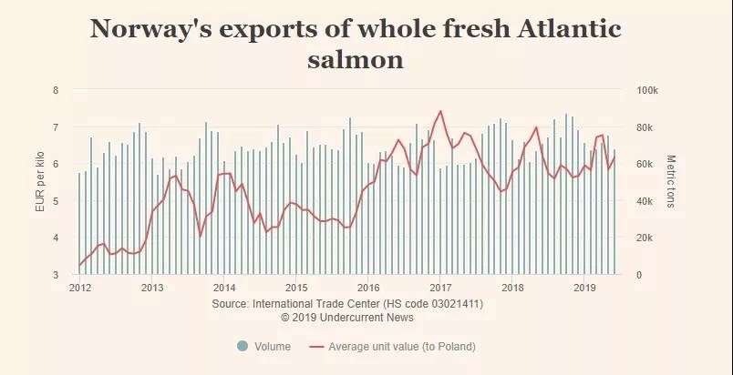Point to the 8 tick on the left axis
(56, 90)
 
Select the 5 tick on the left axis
(56, 201)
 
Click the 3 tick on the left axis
(56, 275)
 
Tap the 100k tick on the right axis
(646, 90)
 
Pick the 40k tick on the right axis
(644, 201)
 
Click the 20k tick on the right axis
(644, 238)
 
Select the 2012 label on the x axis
(79, 288)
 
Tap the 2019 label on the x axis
(583, 288)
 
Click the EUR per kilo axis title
(39, 183)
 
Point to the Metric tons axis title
(671, 181)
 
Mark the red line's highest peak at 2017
(440, 111)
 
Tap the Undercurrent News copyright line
(347, 318)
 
